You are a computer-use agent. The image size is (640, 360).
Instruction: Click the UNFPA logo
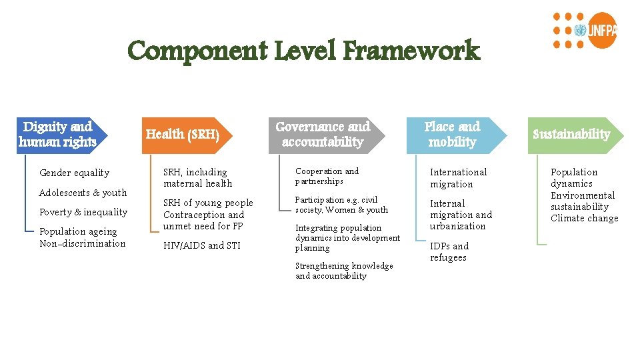pos(585,31)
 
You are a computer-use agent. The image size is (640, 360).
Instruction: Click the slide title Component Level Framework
pos(303,51)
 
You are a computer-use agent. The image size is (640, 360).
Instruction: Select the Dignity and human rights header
pos(58,134)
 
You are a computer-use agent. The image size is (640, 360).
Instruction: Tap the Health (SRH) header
pos(183,134)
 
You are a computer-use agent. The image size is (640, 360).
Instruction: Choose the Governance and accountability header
pos(323,134)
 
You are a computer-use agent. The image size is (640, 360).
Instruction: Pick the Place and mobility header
pos(452,134)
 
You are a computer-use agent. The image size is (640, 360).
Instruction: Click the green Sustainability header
pos(571,134)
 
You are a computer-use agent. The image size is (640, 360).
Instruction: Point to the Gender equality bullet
pos(74,173)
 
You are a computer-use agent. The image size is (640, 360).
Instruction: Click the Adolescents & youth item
pos(83,193)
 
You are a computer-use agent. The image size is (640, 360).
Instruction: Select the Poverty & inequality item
pos(83,212)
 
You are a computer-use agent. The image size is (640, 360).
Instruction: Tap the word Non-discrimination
pos(83,243)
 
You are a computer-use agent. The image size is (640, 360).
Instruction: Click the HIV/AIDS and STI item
pos(202,245)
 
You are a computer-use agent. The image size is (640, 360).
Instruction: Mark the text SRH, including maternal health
pos(198,178)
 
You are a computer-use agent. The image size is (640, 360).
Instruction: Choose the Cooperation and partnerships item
pos(327,176)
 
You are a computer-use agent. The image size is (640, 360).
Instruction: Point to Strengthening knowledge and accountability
pos(344,271)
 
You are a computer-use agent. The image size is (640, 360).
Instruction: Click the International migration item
pos(458,178)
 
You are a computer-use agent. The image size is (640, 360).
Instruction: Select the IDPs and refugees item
pos(449,252)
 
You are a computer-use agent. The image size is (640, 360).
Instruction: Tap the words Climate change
pos(584,219)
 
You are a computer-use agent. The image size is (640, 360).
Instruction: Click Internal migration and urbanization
pos(461,215)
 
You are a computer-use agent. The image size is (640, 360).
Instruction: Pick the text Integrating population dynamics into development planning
pos(347,238)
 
